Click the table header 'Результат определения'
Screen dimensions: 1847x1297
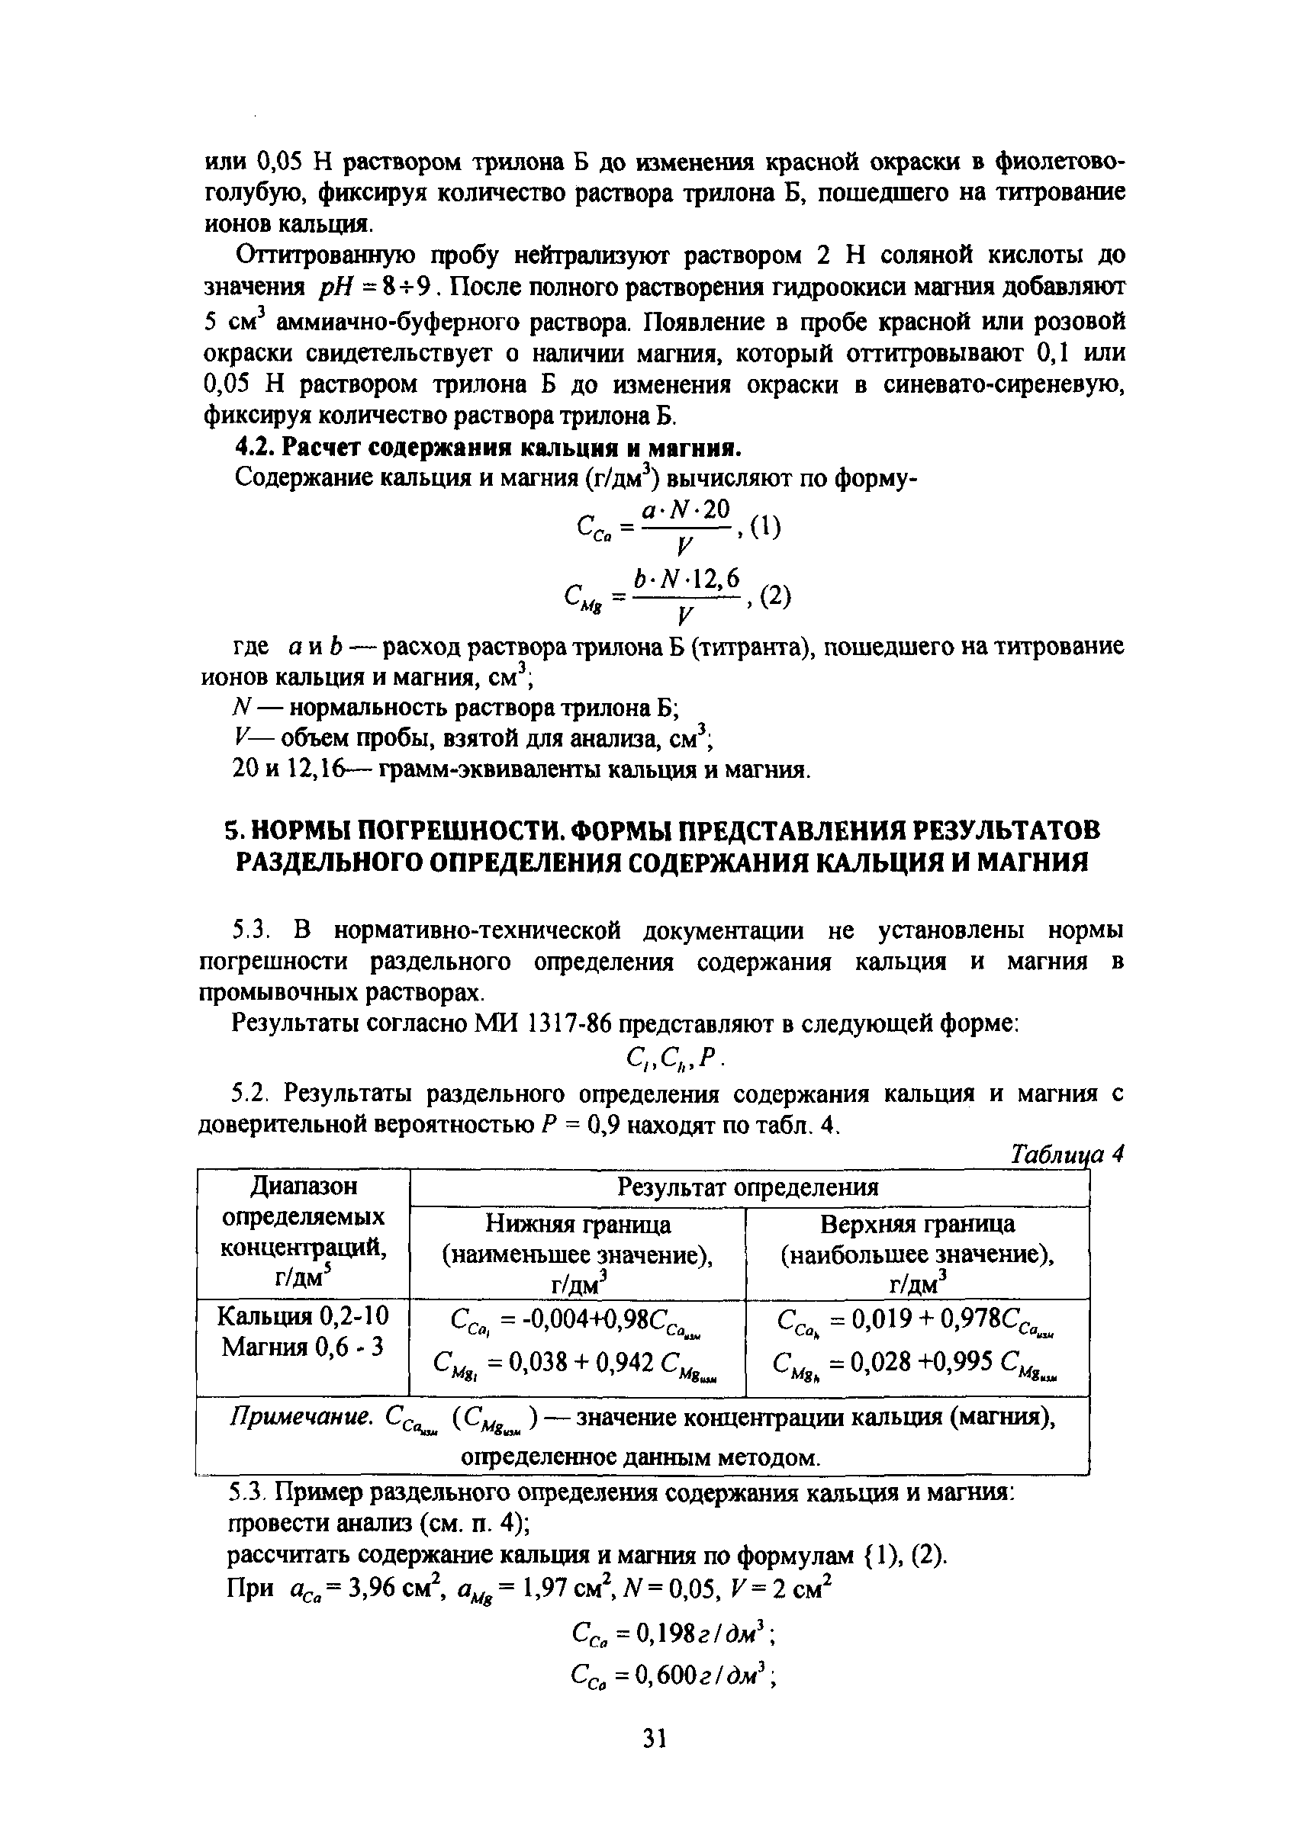pyautogui.click(x=748, y=1187)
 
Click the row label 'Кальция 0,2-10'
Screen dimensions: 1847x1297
pyautogui.click(x=304, y=1315)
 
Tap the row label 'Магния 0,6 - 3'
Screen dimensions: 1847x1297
pyautogui.click(x=304, y=1346)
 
